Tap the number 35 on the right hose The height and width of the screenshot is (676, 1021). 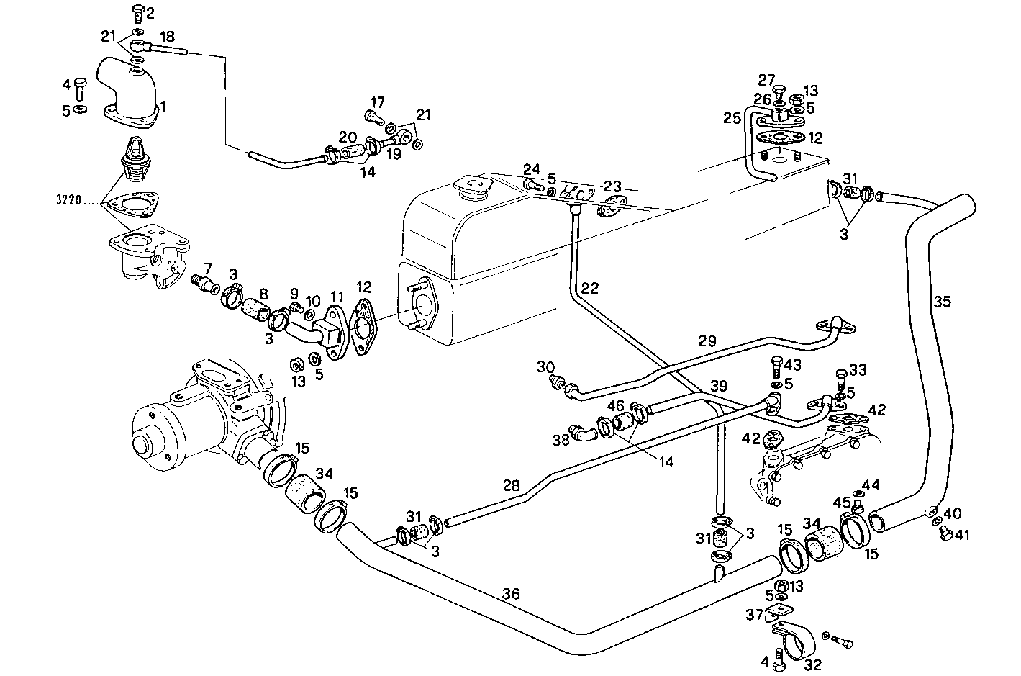(943, 302)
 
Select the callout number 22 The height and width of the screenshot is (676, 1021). (589, 289)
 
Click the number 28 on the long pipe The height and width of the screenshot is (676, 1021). (511, 486)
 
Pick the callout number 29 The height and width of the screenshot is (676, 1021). (707, 341)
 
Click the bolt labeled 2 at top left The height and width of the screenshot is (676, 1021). (137, 13)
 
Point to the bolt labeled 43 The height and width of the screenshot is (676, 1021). (776, 368)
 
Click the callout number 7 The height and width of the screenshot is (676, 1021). (207, 269)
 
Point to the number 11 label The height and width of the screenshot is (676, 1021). (337, 296)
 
